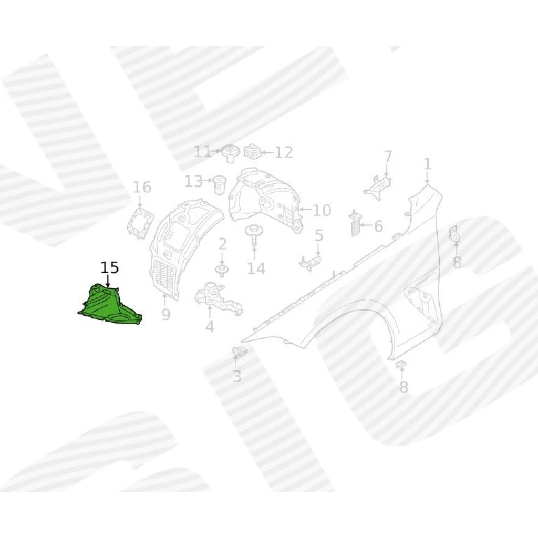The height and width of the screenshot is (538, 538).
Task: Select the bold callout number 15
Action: [x=110, y=267]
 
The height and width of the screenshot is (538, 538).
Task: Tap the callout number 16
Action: [x=142, y=187]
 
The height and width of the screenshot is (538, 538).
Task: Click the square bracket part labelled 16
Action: [x=140, y=223]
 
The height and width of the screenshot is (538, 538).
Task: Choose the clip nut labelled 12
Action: [x=252, y=152]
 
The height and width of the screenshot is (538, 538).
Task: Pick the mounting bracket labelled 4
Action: [x=218, y=298]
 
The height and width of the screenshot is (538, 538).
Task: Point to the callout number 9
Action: [x=165, y=314]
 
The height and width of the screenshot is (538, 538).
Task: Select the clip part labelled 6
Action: [x=355, y=224]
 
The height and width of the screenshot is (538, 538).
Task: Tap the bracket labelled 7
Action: [x=377, y=187]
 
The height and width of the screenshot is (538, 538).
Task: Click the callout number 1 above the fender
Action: [x=427, y=164]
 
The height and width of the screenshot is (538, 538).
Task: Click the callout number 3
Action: [x=237, y=376]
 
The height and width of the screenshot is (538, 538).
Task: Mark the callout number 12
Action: [x=284, y=152]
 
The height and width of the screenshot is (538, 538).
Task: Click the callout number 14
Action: [x=256, y=268]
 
